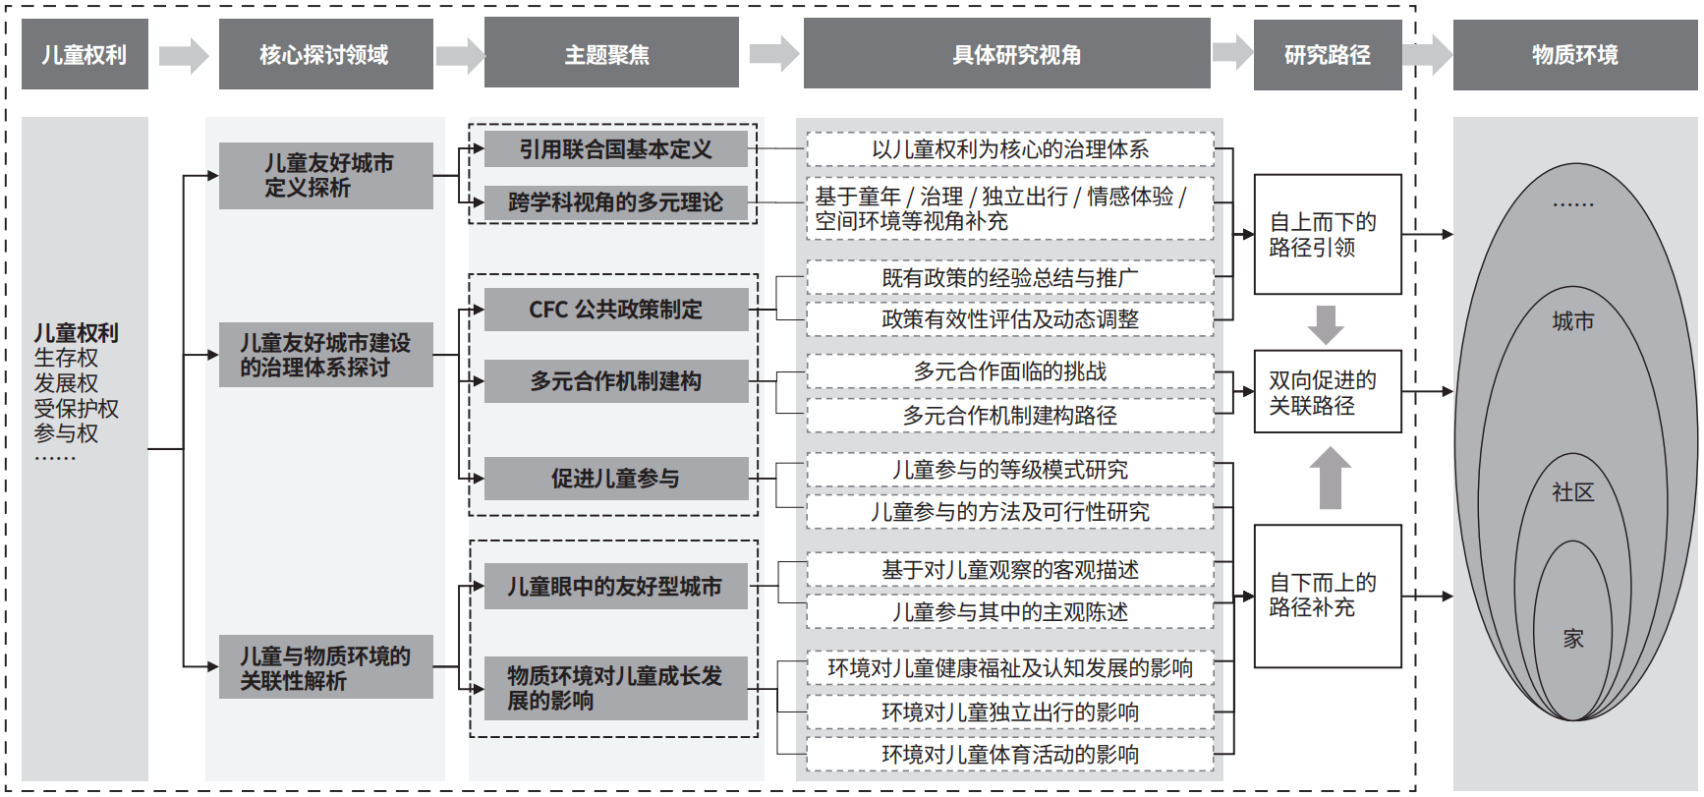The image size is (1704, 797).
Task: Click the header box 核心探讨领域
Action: pos(325,54)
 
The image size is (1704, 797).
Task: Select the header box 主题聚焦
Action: pos(610,54)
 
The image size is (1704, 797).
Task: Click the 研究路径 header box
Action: pos(1328,54)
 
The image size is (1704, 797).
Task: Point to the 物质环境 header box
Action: pos(1575,54)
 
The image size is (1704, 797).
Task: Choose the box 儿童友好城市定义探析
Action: pos(326,175)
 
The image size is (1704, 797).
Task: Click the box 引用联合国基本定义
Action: pos(616,149)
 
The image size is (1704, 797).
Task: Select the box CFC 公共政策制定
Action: pos(616,310)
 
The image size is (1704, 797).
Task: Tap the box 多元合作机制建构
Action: pos(616,381)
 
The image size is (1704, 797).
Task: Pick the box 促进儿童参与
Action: pos(616,479)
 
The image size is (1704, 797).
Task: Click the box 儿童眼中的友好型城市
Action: pos(616,587)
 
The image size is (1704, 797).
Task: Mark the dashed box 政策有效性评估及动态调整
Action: pos(1010,318)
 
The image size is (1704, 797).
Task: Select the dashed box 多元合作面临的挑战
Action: pos(1010,371)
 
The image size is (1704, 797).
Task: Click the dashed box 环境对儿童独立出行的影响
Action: pos(1010,712)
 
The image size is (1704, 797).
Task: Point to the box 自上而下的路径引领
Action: pos(1328,234)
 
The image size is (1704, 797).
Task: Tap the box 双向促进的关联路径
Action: pos(1328,392)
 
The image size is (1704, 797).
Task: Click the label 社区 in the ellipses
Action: pos(1573,492)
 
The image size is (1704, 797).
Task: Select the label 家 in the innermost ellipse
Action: pos(1573,639)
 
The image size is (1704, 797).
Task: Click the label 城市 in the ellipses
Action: pos(1573,321)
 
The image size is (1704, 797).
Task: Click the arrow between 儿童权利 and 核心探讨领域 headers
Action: pos(184,55)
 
